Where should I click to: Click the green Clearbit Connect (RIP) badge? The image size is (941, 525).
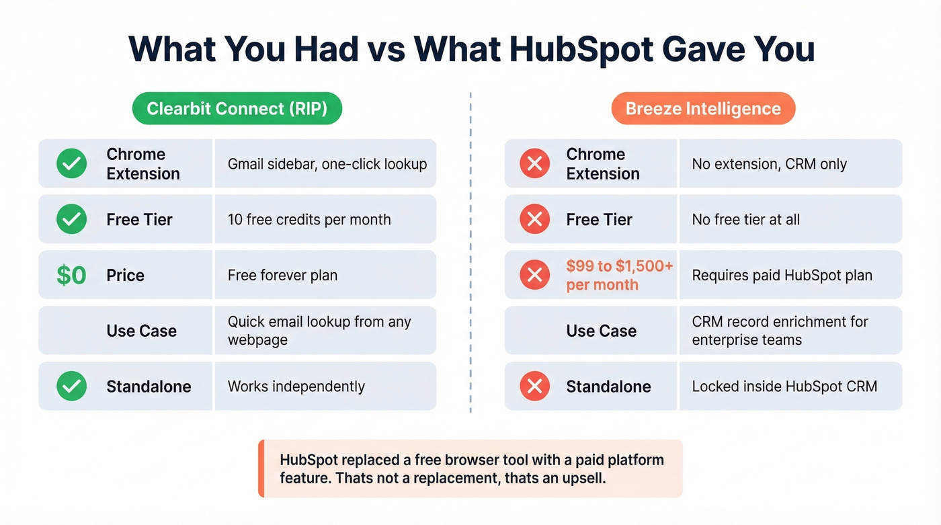[x=237, y=108]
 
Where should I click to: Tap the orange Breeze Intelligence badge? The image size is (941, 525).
[x=703, y=108]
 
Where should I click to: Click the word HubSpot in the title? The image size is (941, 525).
[x=581, y=50]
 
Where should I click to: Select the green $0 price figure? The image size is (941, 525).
[x=71, y=275]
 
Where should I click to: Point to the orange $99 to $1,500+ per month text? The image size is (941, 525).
[x=619, y=275]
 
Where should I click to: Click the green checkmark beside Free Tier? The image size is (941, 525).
[x=71, y=219]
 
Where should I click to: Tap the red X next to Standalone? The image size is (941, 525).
[x=535, y=386]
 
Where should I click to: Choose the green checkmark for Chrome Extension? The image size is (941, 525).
[x=71, y=163]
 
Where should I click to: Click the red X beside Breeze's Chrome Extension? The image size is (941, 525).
[x=535, y=163]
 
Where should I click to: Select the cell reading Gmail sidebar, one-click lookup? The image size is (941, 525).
[x=326, y=163]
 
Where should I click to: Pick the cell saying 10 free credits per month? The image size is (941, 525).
[x=326, y=219]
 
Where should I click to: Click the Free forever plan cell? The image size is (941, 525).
[x=326, y=275]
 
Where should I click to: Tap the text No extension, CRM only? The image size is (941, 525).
[x=769, y=164]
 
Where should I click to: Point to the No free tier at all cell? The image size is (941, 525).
[x=790, y=219]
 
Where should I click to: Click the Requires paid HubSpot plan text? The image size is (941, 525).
[x=782, y=275]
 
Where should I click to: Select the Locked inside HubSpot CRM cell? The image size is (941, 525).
[x=790, y=386]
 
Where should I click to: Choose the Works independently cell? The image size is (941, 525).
[x=326, y=386]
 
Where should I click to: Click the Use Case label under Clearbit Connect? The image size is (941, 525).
[x=142, y=331]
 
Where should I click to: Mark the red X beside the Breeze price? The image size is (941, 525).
[x=535, y=275]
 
